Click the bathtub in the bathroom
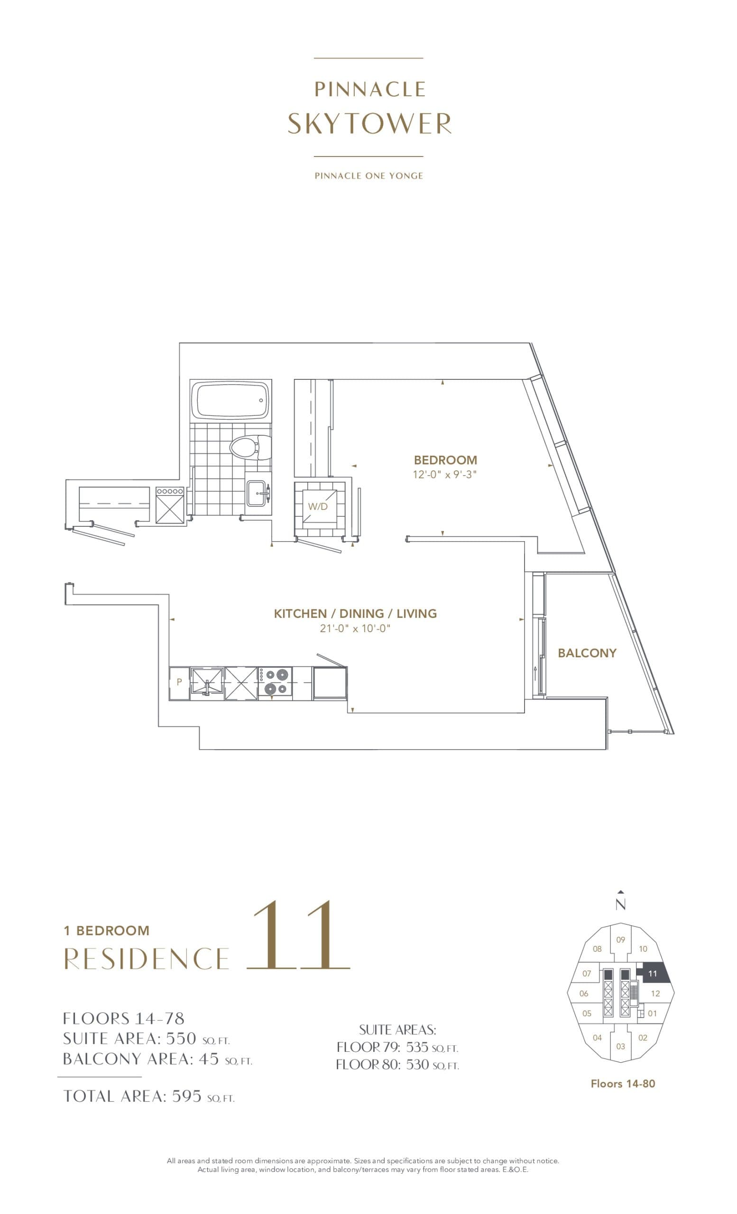(230, 400)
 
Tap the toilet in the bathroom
(244, 447)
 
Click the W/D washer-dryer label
(318, 506)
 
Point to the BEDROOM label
(445, 460)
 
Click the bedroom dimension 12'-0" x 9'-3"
(444, 475)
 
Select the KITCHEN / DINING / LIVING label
(355, 614)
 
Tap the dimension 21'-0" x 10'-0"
(355, 628)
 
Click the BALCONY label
(587, 653)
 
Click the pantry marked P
(179, 682)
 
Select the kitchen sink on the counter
(207, 682)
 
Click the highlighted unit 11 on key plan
(652, 974)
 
